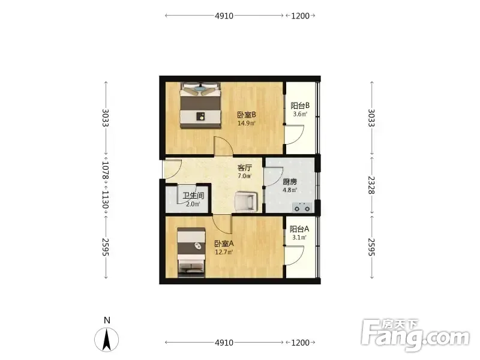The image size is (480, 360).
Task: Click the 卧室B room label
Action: tap(247, 115)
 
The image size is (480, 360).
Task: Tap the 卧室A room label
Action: tap(224, 244)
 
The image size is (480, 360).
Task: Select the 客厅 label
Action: tap(245, 168)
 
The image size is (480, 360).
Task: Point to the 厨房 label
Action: tap(290, 182)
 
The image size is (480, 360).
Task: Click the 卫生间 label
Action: tap(193, 196)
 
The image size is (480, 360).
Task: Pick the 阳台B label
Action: tap(300, 106)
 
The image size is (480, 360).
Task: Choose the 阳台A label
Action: tap(299, 229)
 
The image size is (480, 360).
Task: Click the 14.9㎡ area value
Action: tap(247, 124)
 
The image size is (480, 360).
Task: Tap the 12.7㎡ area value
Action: tap(224, 252)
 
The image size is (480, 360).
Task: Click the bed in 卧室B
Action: tap(200, 106)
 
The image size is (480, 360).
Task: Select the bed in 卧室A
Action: tap(191, 252)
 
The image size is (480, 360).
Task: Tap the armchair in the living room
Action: tap(245, 201)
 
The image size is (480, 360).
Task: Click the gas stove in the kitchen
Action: tap(302, 207)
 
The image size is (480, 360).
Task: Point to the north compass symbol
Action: tap(107, 340)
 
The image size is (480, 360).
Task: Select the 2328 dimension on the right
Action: tap(371, 185)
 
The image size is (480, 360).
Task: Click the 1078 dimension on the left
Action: tap(106, 170)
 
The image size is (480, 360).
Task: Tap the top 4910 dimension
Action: tap(224, 16)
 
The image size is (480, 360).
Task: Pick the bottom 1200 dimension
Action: tap(301, 343)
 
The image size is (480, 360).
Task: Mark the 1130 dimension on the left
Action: tap(106, 200)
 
